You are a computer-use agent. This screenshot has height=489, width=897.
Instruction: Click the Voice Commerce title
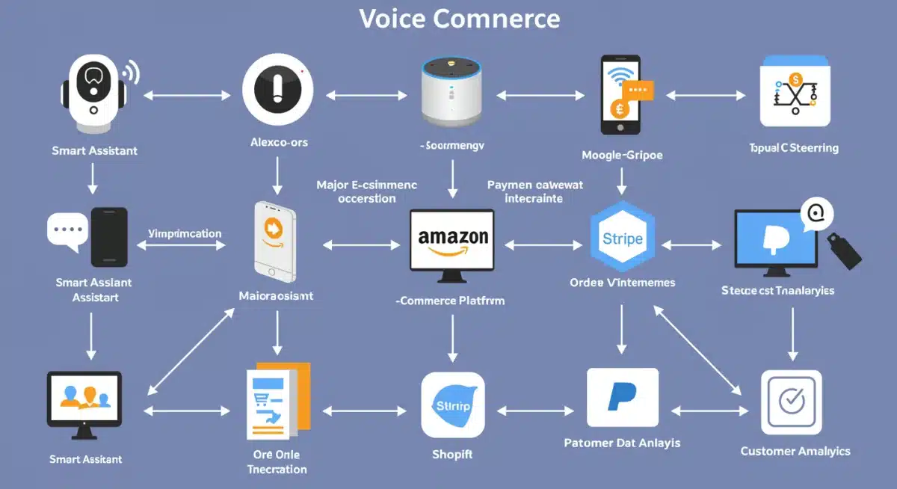[x=459, y=18]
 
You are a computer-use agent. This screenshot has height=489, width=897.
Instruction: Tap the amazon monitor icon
[x=451, y=241]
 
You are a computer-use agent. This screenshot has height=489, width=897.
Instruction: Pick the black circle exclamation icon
[x=277, y=92]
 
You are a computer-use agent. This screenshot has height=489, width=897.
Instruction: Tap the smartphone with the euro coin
[x=621, y=95]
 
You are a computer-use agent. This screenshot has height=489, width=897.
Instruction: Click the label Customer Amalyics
[x=795, y=451]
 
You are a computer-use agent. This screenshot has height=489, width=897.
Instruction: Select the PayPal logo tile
[x=622, y=397]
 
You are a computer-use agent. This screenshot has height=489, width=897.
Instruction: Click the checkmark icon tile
[x=791, y=402]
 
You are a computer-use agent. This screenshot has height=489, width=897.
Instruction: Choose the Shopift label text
[x=452, y=454]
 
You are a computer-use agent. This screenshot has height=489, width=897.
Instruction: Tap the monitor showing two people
[x=83, y=401]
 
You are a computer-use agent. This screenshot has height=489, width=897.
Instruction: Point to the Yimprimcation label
[x=185, y=233]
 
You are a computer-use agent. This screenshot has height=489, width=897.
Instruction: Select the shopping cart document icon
[x=276, y=402]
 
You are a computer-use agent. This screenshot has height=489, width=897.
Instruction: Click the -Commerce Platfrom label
[x=450, y=301]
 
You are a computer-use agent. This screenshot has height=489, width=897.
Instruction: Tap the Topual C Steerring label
[x=793, y=147]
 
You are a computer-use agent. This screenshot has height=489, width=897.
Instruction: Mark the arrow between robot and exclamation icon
[x=187, y=96]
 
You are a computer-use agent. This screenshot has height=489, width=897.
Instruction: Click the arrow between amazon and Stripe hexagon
[x=543, y=244]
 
